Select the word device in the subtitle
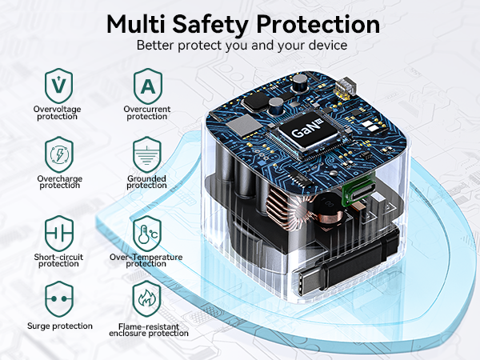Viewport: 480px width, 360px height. pyautogui.click(x=327, y=45)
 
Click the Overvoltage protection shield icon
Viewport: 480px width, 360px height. pyautogui.click(x=58, y=86)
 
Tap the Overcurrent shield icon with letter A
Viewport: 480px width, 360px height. pyautogui.click(x=148, y=86)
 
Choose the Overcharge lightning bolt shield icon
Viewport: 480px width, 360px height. pyautogui.click(x=59, y=154)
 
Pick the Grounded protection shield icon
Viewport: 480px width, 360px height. pyautogui.click(x=147, y=154)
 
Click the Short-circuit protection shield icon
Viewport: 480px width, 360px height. pyautogui.click(x=59, y=234)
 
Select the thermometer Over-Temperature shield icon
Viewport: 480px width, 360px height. pyautogui.click(x=147, y=234)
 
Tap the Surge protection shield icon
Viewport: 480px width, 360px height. pyautogui.click(x=59, y=299)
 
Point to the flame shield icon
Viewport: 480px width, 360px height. pyautogui.click(x=146, y=298)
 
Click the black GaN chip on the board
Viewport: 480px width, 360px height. pyautogui.click(x=307, y=132)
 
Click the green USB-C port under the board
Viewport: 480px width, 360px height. pyautogui.click(x=358, y=189)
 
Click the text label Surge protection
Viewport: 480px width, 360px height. pyautogui.click(x=60, y=326)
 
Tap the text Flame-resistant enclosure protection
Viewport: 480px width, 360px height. pyautogui.click(x=149, y=330)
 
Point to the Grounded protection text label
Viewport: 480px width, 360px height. pyautogui.click(x=146, y=182)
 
